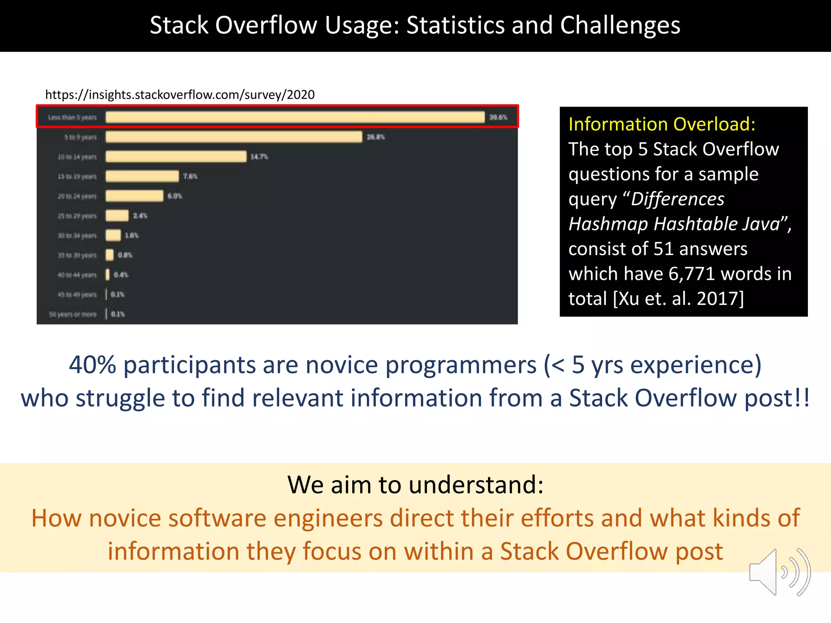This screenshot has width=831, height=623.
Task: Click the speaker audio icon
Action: point(779,572)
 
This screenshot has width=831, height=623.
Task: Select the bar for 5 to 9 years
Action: point(234,137)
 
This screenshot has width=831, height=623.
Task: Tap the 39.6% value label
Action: point(498,117)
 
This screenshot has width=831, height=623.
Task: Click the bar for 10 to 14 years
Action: point(176,157)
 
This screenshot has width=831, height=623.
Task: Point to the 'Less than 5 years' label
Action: point(72,118)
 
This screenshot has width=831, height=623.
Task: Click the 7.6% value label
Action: point(190,176)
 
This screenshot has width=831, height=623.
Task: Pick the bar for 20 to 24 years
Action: point(134,196)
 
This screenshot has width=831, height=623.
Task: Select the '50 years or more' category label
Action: point(73,314)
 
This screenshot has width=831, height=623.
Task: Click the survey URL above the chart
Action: point(180,95)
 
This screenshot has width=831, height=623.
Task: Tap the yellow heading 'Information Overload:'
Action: point(662,124)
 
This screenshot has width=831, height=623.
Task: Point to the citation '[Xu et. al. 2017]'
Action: point(678,299)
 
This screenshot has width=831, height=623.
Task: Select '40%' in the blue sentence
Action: point(93,365)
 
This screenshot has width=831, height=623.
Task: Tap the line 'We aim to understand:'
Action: point(415,484)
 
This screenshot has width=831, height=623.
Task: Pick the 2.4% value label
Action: point(140,216)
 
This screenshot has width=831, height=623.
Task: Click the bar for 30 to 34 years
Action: point(113,235)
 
